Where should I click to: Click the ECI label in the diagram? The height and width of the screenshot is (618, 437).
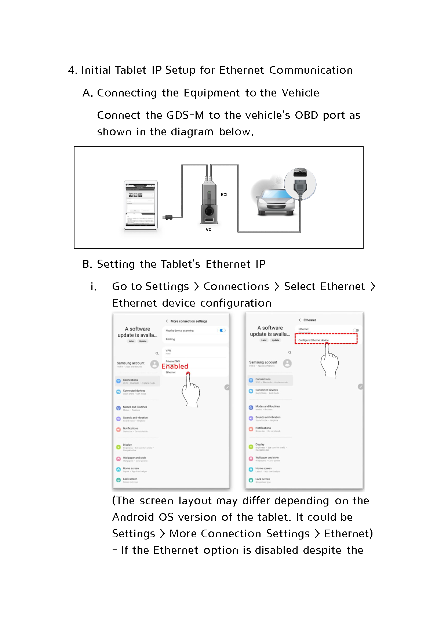pos(224,194)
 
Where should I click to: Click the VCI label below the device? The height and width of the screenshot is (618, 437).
pos(209,230)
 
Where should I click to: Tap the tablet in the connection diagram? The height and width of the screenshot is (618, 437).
pos(141,205)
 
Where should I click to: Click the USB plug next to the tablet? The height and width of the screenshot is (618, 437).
pos(168,217)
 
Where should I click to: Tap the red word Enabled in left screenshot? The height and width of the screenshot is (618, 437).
pos(175,366)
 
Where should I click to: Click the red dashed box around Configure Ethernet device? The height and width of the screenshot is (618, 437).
pos(326,339)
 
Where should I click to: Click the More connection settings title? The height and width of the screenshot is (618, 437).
pos(189,321)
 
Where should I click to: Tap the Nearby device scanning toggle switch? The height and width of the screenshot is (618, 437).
pos(222,330)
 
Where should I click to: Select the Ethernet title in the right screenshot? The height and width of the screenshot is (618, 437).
pos(309,320)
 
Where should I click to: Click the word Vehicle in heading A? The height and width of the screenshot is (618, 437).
pos(300,93)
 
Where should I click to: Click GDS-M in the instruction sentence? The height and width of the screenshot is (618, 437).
pos(185,115)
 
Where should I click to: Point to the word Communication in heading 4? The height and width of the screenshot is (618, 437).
pos(311,70)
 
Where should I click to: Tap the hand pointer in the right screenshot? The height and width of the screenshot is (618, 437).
pos(329,361)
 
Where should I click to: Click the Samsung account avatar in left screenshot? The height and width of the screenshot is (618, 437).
pos(154,364)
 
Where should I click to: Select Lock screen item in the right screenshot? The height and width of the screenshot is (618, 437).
pos(262,479)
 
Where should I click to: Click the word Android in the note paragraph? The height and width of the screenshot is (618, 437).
pos(133,517)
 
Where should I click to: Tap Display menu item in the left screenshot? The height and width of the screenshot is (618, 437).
pos(127,445)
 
